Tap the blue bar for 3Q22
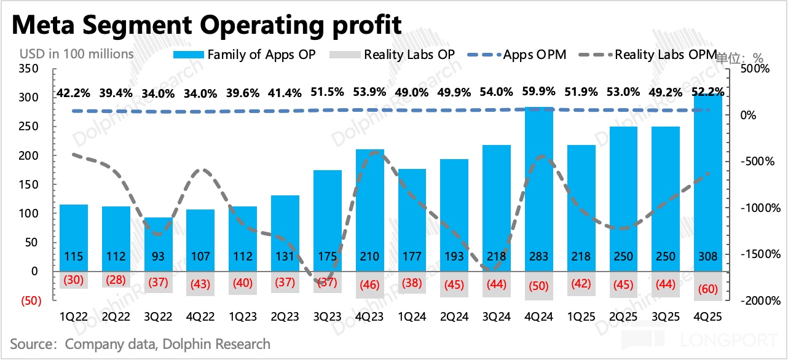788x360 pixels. [158, 244]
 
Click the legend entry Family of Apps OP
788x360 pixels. [245, 54]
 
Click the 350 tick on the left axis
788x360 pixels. [29, 68]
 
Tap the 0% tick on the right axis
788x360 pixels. [747, 115]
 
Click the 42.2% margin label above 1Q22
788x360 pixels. [74, 93]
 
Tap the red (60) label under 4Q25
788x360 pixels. [708, 289]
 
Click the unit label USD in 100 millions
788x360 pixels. [76, 53]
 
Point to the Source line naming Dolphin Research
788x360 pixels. [140, 343]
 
